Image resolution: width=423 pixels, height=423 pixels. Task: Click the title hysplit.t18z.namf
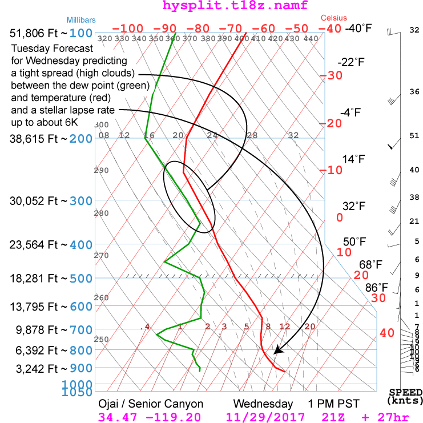click(x=212, y=6)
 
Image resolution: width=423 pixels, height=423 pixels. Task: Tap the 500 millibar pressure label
click(x=81, y=279)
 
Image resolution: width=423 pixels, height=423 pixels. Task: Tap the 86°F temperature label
click(x=376, y=287)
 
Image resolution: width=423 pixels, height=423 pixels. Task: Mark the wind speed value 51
click(x=414, y=136)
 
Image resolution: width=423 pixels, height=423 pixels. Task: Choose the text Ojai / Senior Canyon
click(x=151, y=404)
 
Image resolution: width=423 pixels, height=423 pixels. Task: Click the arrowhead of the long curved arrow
click(x=277, y=350)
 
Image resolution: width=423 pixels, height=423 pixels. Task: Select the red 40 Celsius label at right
click(x=387, y=332)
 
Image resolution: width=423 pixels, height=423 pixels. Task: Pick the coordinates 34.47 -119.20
click(x=149, y=417)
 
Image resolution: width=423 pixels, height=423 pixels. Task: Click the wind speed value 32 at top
click(x=414, y=30)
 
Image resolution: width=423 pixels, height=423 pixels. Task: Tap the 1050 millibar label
click(x=81, y=393)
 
